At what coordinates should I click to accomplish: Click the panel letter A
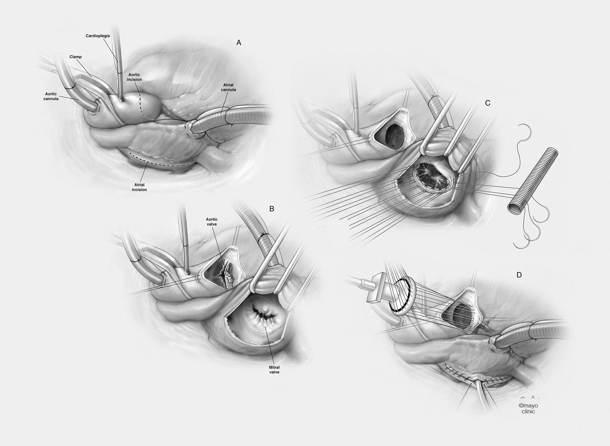pyautogui.click(x=239, y=43)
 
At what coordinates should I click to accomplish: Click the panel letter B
pyautogui.click(x=272, y=209)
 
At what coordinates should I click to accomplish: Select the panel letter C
pyautogui.click(x=488, y=103)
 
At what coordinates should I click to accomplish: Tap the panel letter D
pyautogui.click(x=519, y=275)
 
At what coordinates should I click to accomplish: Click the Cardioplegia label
pyautogui.click(x=98, y=36)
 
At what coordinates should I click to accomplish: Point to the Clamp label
pyautogui.click(x=75, y=57)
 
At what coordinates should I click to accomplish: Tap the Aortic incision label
pyautogui.click(x=134, y=77)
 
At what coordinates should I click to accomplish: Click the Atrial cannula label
pyautogui.click(x=228, y=87)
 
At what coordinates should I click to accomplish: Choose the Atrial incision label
pyautogui.click(x=139, y=187)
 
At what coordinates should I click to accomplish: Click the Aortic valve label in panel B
pyautogui.click(x=211, y=222)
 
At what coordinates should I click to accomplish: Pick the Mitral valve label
pyautogui.click(x=274, y=370)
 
